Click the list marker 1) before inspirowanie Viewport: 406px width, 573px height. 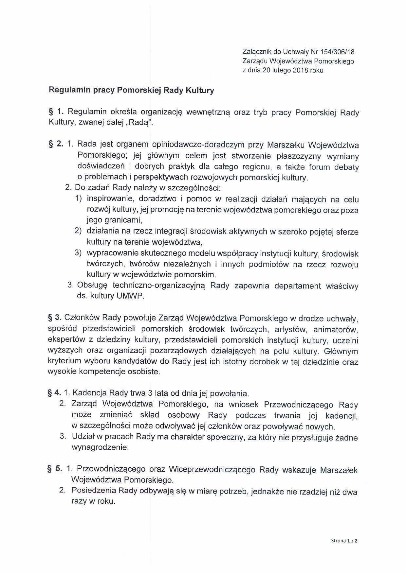tap(78, 198)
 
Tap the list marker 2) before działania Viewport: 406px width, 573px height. tap(78, 231)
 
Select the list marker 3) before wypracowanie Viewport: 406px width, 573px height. tap(78, 253)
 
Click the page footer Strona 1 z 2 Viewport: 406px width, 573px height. tap(344, 541)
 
